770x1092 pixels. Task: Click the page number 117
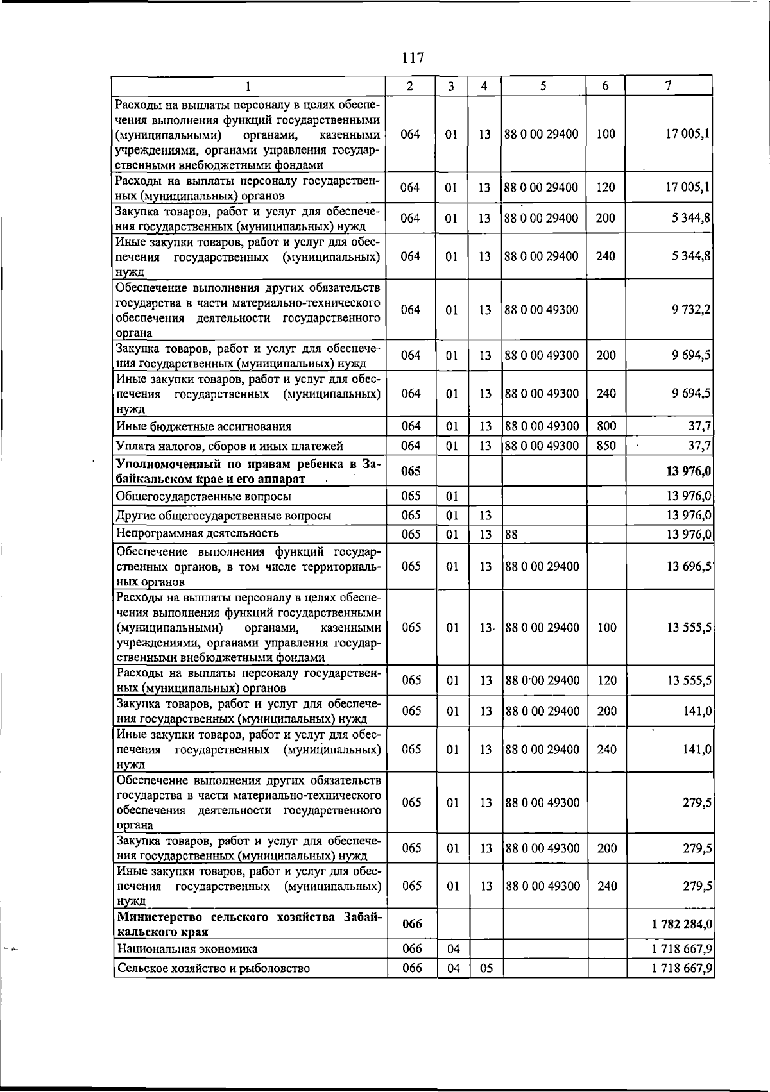pyautogui.click(x=413, y=58)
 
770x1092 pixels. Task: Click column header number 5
pyautogui.click(x=543, y=86)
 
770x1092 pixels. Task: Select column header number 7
pyautogui.click(x=669, y=86)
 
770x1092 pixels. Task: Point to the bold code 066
pyautogui.click(x=412, y=924)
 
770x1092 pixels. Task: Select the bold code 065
pyautogui.click(x=411, y=471)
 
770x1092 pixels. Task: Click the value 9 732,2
pyautogui.click(x=691, y=310)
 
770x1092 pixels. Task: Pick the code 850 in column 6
pyautogui.click(x=606, y=446)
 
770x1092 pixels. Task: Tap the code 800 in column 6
pyautogui.click(x=606, y=426)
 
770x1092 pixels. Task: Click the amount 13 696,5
pyautogui.click(x=689, y=567)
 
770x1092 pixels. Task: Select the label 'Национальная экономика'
pyautogui.click(x=187, y=949)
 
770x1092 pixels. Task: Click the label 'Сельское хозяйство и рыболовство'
pyautogui.click(x=213, y=968)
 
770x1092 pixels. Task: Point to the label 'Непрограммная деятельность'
pyautogui.click(x=198, y=533)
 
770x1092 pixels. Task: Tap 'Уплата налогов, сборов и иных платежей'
pyautogui.click(x=229, y=446)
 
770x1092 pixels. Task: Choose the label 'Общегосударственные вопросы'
pyautogui.click(x=203, y=496)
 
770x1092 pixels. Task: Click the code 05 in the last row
pyautogui.click(x=486, y=968)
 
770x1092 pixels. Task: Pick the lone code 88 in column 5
pyautogui.click(x=511, y=534)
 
